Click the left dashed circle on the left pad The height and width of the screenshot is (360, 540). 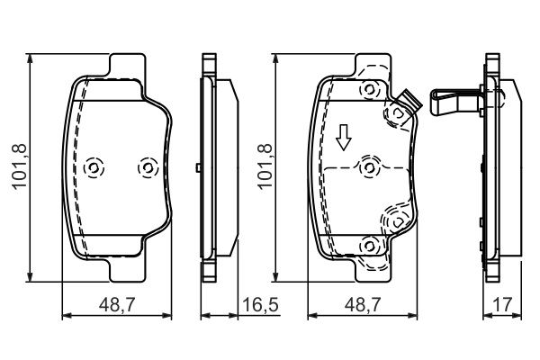click(x=94, y=168)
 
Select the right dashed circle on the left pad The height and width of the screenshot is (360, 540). click(x=146, y=168)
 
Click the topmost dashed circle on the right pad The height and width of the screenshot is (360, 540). click(x=367, y=90)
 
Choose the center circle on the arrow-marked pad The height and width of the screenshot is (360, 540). click(x=367, y=167)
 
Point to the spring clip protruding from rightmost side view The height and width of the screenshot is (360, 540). click(x=454, y=98)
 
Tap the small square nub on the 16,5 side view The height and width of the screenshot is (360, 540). click(x=197, y=167)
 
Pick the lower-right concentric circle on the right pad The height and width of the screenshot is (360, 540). click(x=396, y=218)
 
